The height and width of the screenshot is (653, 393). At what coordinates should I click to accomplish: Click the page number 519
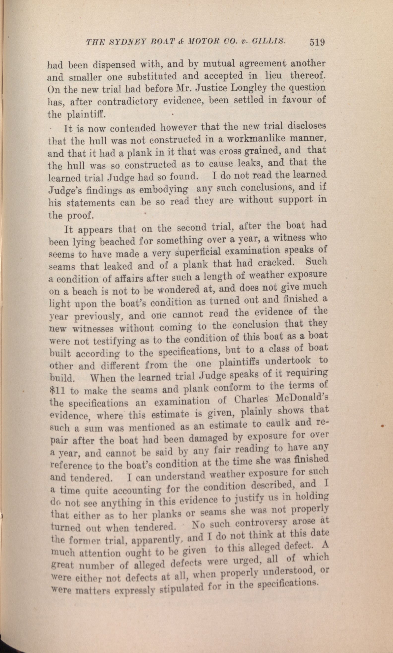pyautogui.click(x=317, y=42)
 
